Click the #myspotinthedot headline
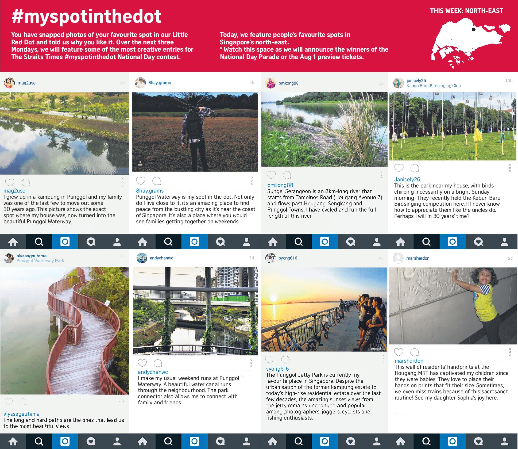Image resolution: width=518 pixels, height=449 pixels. [x=86, y=17]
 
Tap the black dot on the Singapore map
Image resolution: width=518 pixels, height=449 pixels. [x=474, y=30]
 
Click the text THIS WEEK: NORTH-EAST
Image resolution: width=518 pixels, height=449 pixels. [x=466, y=11]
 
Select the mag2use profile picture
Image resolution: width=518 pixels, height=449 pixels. [x=9, y=83]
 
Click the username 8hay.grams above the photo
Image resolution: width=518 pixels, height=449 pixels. [x=160, y=83]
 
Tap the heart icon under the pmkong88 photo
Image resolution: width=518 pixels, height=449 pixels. [x=271, y=175]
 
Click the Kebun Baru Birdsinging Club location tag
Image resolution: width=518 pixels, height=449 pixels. [x=434, y=86]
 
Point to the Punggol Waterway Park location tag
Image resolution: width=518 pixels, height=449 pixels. [x=40, y=261]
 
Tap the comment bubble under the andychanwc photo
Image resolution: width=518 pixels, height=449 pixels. [x=158, y=363]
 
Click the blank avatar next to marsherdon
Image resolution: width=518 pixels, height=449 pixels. [x=398, y=258]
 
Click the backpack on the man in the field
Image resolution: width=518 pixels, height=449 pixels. [x=194, y=125]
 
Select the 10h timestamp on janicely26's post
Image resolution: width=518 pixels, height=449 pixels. [x=509, y=80]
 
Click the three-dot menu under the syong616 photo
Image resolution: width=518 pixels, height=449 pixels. [x=383, y=359]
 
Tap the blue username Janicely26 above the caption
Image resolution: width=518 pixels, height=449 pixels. [x=407, y=179]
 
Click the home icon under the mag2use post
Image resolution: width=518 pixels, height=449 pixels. [x=13, y=242]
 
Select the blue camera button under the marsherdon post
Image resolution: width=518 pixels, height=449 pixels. [x=452, y=441]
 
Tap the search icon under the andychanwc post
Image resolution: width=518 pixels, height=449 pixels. [x=168, y=441]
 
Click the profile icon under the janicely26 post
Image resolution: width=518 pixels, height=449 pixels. [x=504, y=242]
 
